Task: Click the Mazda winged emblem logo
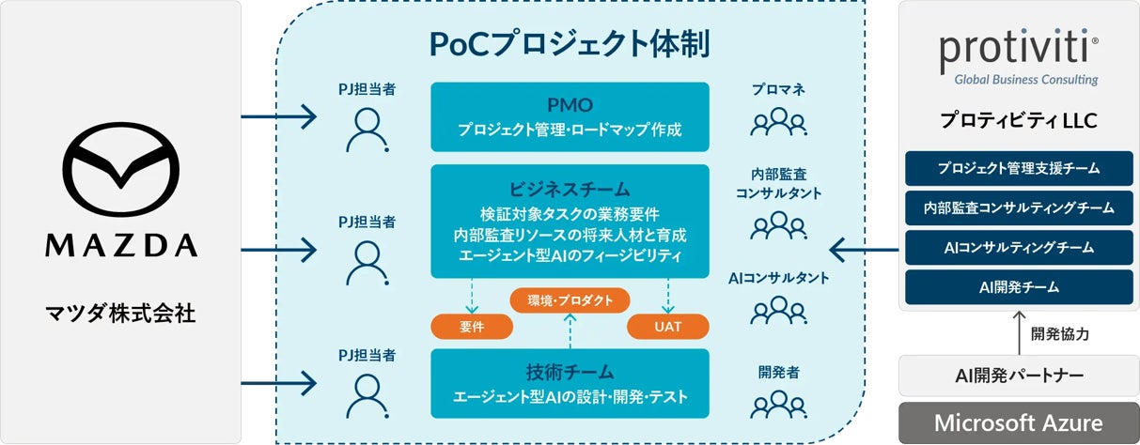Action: click(121, 170)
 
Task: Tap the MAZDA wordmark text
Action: click(121, 245)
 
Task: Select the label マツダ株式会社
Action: click(121, 313)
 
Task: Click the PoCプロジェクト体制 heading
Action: click(569, 43)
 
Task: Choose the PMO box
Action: click(570, 116)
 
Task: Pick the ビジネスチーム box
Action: click(570, 221)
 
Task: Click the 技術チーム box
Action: click(570, 383)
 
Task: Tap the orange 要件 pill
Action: click(472, 326)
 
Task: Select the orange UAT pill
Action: click(667, 326)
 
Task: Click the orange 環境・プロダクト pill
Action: click(570, 300)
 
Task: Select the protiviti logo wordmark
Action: click(1019, 52)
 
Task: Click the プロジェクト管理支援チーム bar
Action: click(1019, 168)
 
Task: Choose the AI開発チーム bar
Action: click(1019, 287)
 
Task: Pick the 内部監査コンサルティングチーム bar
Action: click(1019, 207)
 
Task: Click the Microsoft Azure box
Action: click(1019, 422)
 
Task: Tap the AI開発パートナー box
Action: click(1019, 376)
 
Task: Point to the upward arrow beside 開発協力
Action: click(1019, 332)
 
